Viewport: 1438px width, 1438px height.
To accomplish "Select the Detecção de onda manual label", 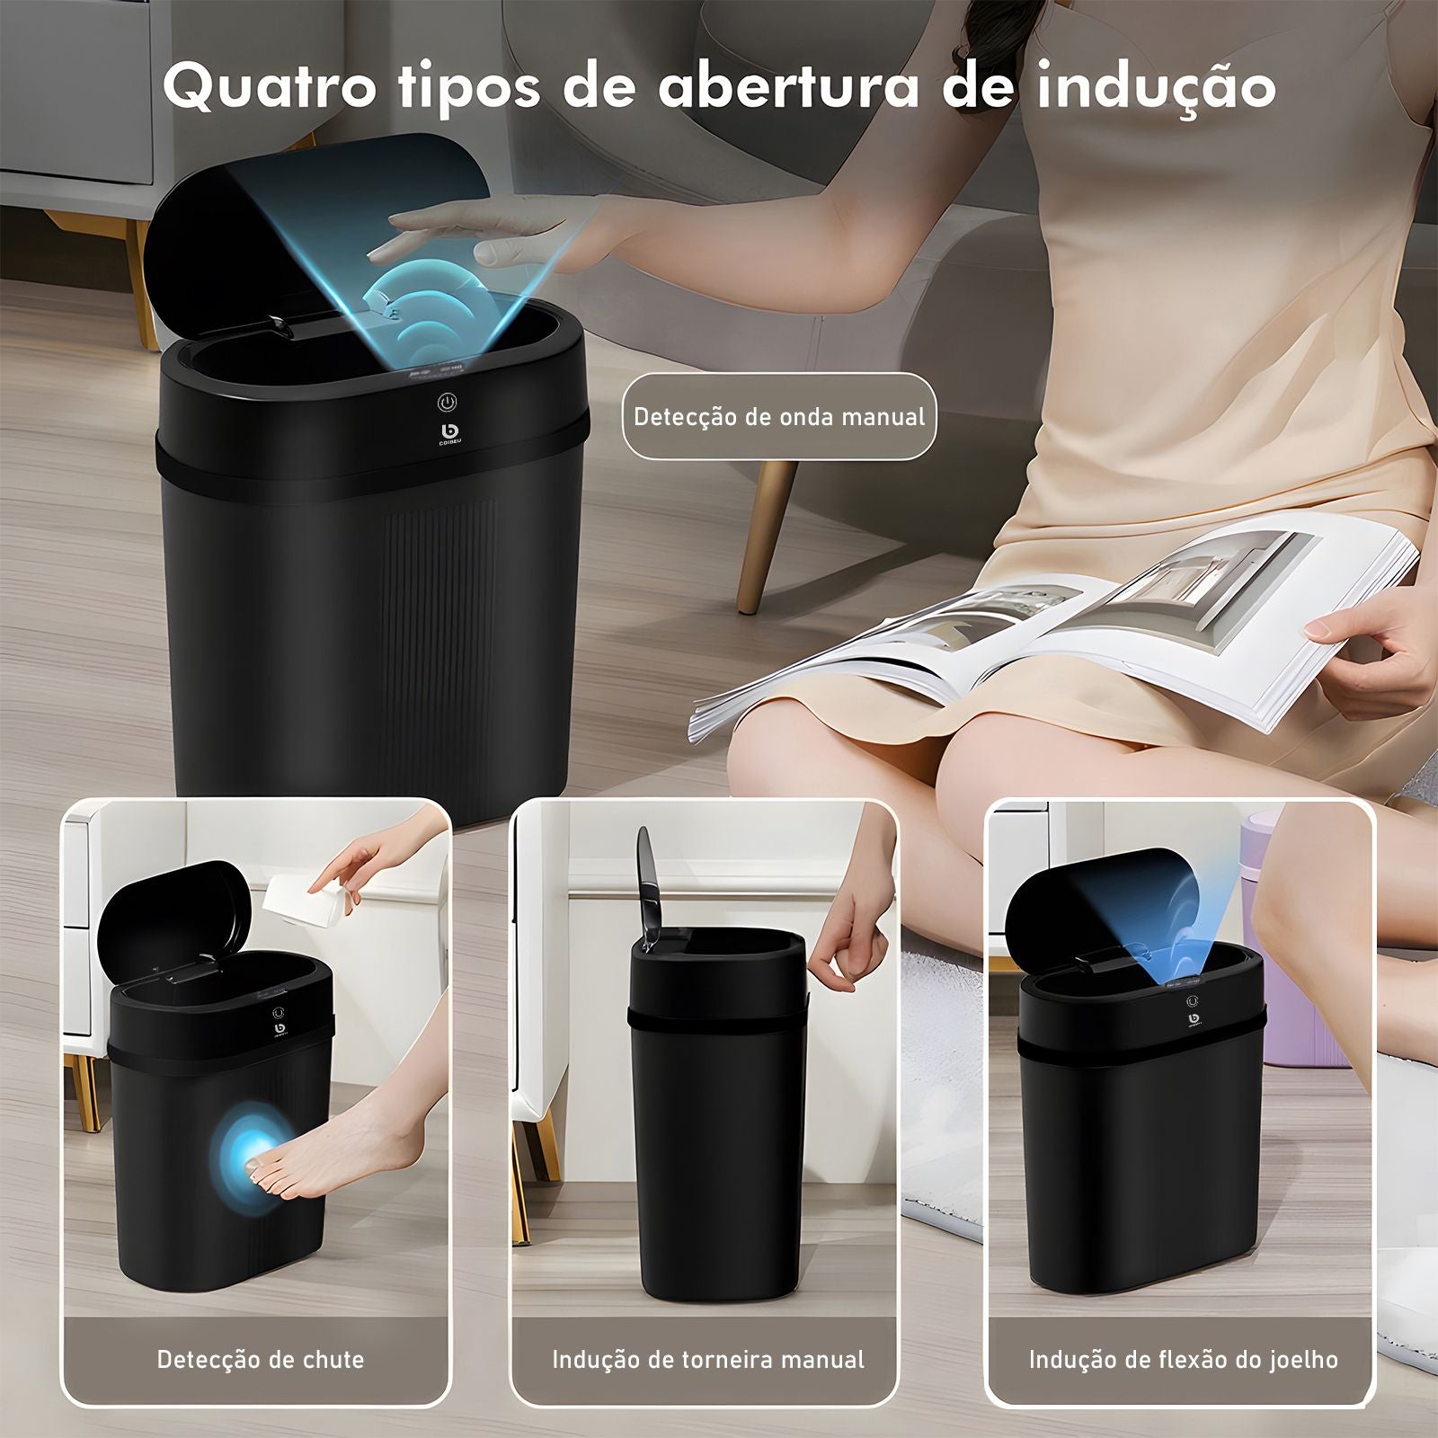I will pos(778,417).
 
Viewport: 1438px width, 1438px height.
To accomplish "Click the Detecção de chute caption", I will pos(261,1359).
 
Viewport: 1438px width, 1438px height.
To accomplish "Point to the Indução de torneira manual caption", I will pos(708,1359).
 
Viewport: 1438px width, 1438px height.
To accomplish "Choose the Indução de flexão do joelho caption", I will pos(1183,1359).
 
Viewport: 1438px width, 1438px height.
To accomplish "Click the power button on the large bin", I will pos(447,402).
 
